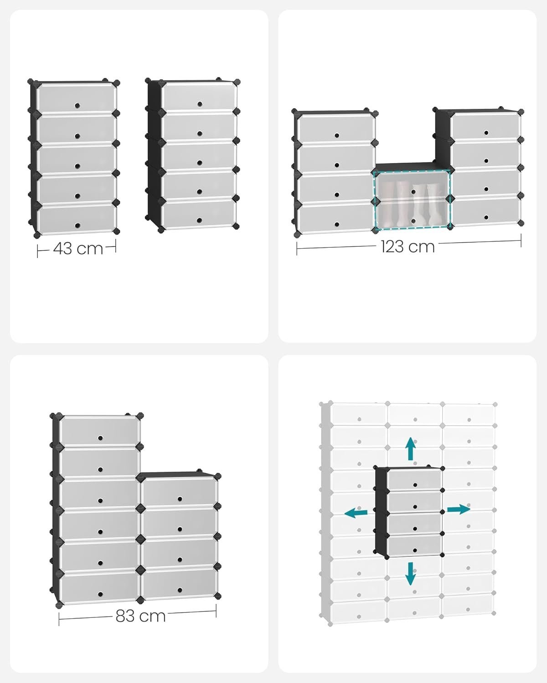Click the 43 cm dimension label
click(78, 249)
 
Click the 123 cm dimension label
click(408, 246)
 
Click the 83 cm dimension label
click(140, 616)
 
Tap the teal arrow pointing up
click(411, 449)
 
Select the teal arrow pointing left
click(356, 513)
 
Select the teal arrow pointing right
click(458, 510)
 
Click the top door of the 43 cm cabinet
click(76, 97)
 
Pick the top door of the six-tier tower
click(99, 430)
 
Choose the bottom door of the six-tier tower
click(99, 587)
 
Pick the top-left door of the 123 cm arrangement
click(335, 128)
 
